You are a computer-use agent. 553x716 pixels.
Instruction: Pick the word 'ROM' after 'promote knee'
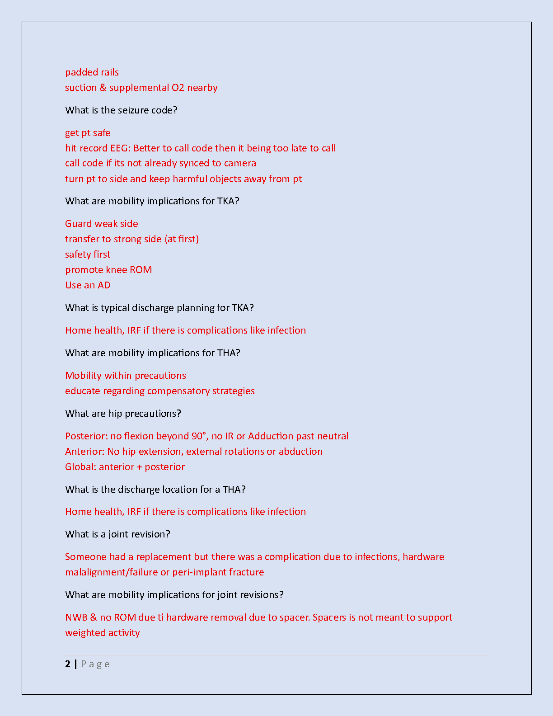click(141, 270)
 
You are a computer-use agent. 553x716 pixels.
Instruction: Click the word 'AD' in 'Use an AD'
click(104, 285)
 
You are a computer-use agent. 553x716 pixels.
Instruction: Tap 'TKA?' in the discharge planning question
click(243, 308)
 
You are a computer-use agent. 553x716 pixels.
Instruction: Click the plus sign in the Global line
click(140, 467)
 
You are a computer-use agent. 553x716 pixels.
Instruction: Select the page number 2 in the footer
click(68, 664)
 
